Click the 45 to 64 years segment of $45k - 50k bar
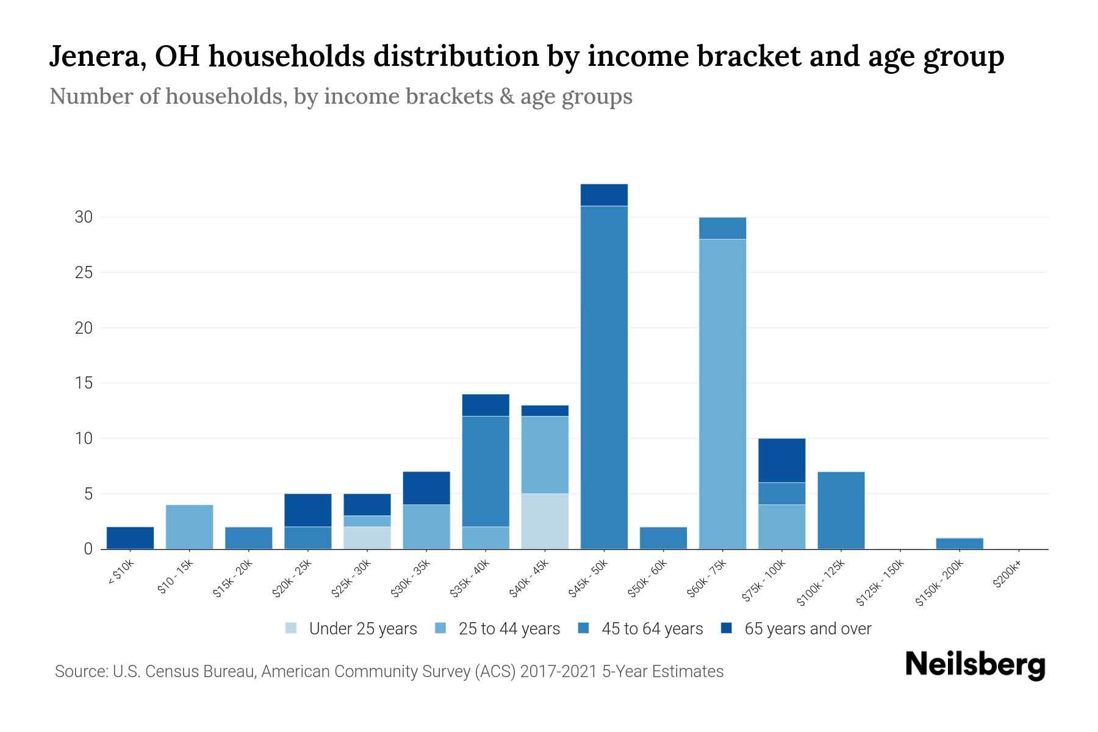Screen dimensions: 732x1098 [604, 378]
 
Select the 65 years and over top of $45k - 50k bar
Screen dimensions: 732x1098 [604, 195]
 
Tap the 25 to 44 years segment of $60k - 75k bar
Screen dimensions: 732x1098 [722, 393]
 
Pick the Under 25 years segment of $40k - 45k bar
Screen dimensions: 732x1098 [545, 522]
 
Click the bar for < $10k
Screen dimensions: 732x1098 [130, 538]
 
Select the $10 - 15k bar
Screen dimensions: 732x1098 [189, 527]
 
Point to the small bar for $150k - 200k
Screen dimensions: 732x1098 [960, 544]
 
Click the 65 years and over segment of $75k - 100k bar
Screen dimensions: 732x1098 [781, 461]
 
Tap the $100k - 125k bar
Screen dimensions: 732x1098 [841, 511]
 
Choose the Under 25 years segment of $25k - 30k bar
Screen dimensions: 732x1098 [367, 538]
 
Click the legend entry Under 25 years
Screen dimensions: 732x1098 [363, 629]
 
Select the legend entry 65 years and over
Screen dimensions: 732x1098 [808, 629]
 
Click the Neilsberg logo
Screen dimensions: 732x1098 [975, 665]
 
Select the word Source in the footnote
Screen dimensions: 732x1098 [79, 672]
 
